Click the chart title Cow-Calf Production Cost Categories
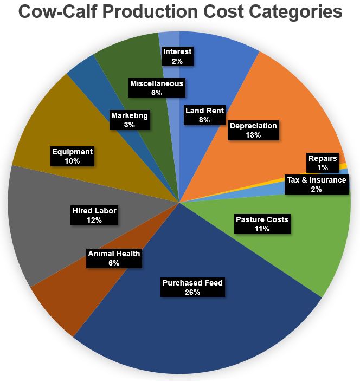[x=180, y=12]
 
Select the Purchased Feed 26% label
[x=192, y=288]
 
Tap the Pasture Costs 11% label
[x=262, y=224]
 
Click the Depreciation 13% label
[x=253, y=131]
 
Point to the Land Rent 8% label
[x=204, y=115]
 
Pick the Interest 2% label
[x=177, y=56]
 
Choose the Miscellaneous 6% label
[x=157, y=88]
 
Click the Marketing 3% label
[x=129, y=120]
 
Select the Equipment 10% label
[x=72, y=157]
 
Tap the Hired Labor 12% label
[x=94, y=215]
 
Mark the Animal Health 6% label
[x=114, y=258]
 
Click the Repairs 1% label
[x=323, y=163]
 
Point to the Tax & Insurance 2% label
[x=316, y=184]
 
